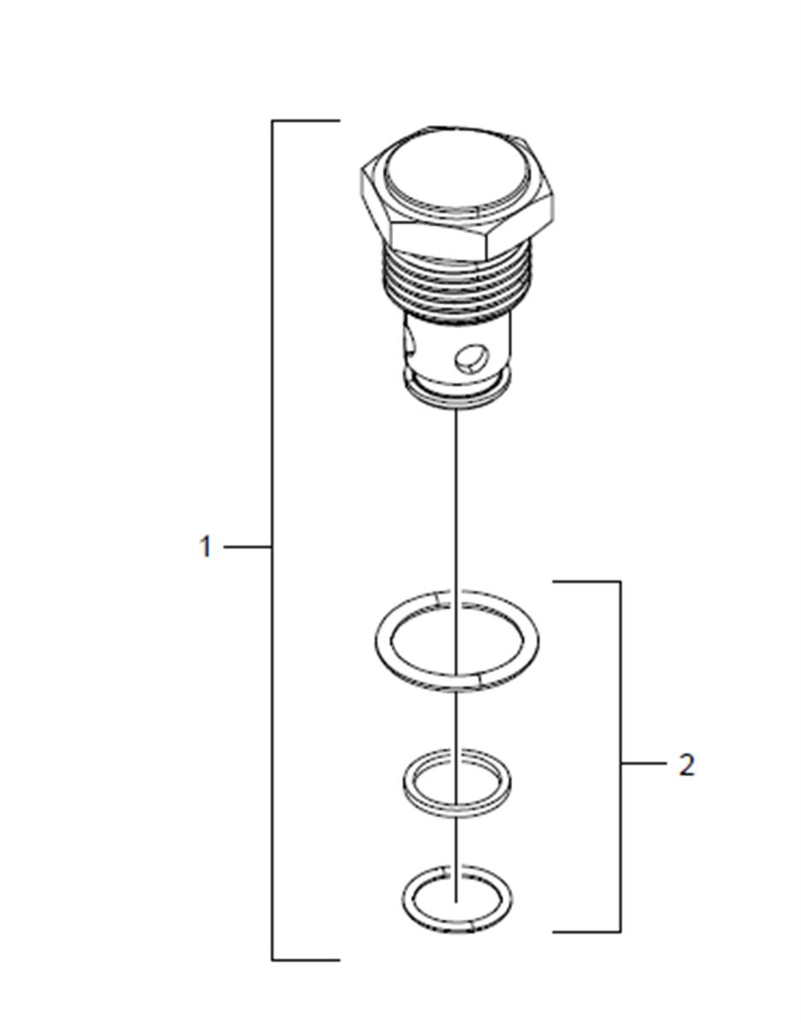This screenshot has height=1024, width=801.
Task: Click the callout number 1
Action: point(206,546)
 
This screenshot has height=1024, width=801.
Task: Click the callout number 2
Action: point(686,765)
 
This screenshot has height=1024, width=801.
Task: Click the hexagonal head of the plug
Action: point(456,195)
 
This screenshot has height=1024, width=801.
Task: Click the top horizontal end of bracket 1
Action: point(306,121)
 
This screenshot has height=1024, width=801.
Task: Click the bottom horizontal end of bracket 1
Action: point(306,960)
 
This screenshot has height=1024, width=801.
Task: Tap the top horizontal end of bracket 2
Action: point(586,580)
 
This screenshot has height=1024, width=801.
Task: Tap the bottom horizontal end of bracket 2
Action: point(586,932)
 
